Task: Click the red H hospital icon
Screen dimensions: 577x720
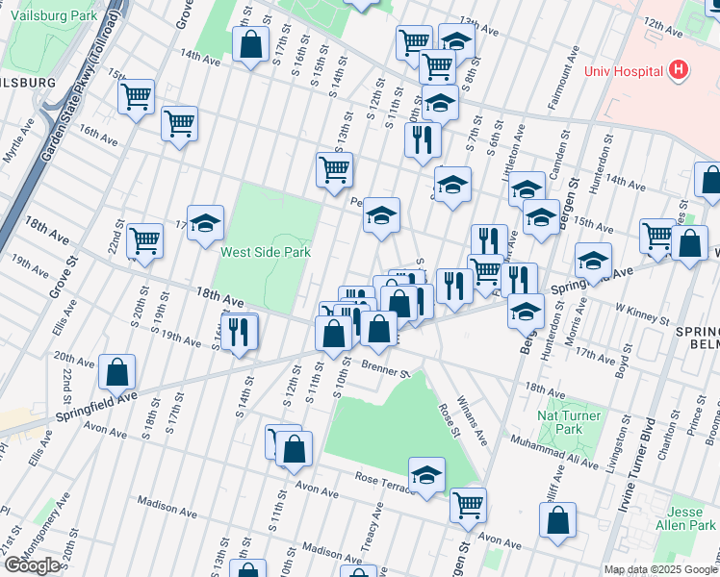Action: point(679,70)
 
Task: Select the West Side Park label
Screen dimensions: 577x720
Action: point(263,253)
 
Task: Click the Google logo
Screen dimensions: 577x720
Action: point(32,565)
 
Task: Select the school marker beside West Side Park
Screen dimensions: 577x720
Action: point(205,224)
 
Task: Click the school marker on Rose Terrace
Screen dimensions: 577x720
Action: point(426,475)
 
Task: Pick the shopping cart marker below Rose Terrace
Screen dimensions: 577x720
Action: point(468,503)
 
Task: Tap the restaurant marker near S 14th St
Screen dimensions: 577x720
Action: point(240,332)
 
